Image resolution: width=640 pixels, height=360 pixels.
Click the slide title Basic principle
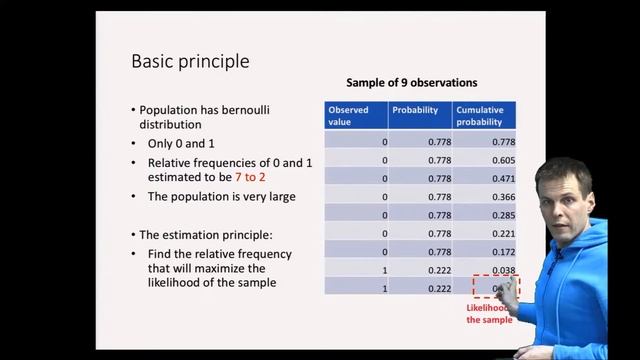pyautogui.click(x=190, y=62)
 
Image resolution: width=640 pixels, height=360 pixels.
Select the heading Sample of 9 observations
pyautogui.click(x=411, y=82)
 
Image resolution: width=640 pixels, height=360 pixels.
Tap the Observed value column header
pyautogui.click(x=349, y=115)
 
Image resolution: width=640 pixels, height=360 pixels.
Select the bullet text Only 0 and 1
pyautogui.click(x=185, y=143)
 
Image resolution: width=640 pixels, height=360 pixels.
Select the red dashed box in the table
pyautogui.click(x=494, y=289)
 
